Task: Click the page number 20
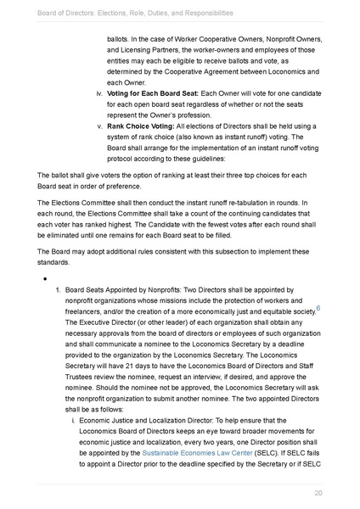click(318, 493)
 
